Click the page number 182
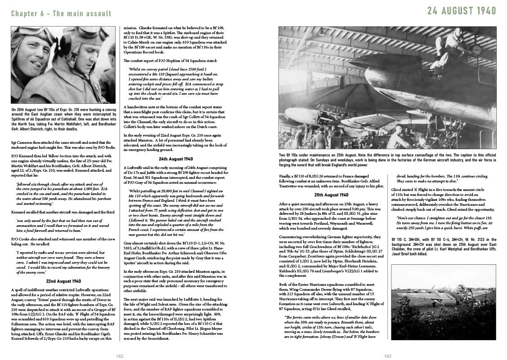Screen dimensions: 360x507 click(120, 356)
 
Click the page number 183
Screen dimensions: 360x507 click(387, 356)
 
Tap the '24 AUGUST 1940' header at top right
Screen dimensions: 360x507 click(462, 11)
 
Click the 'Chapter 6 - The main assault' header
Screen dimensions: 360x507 click(61, 13)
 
